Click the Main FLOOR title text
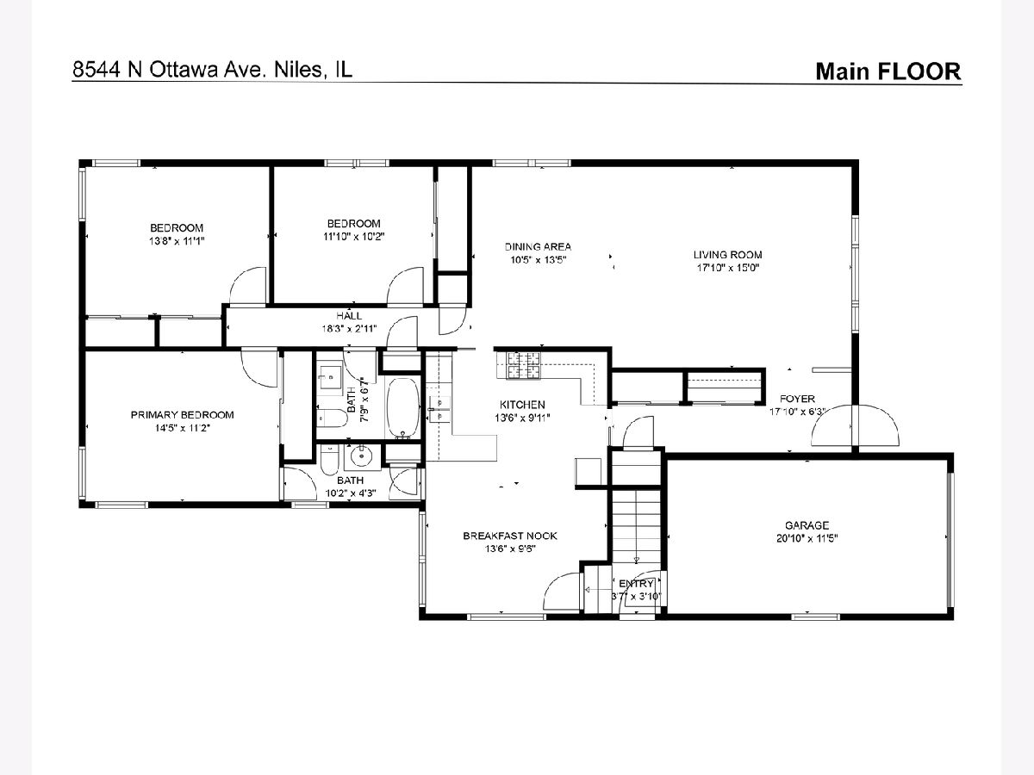tap(888, 71)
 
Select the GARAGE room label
tap(807, 525)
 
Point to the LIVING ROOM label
tap(728, 255)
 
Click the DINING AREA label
tap(538, 246)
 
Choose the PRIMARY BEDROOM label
tap(183, 414)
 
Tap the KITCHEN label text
tap(522, 405)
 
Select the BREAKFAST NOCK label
tap(510, 536)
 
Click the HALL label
tap(349, 316)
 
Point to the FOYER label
tap(797, 399)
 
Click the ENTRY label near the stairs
tap(636, 584)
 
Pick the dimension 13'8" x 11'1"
tap(177, 241)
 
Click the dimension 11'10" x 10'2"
tap(354, 236)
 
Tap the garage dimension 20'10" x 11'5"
tap(807, 538)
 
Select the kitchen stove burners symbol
tap(523, 366)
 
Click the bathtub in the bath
tap(402, 407)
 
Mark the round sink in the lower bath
tap(362, 456)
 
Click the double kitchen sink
tap(439, 410)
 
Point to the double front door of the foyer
tap(855, 425)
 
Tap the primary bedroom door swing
tap(258, 368)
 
